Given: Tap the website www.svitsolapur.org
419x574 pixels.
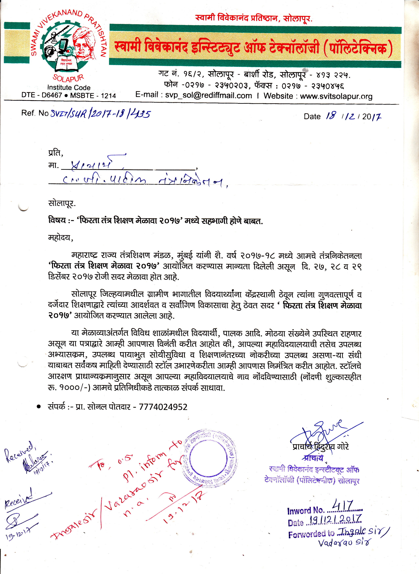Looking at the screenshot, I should click(336, 96).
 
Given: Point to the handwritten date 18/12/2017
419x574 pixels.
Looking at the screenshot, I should click(353, 116).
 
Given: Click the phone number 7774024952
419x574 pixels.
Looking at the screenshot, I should click(163, 407).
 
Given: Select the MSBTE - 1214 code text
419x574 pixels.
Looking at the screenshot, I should click(93, 96).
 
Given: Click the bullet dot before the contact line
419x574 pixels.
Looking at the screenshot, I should click(39, 407).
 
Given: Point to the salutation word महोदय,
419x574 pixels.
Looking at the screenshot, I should click(61, 238).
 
